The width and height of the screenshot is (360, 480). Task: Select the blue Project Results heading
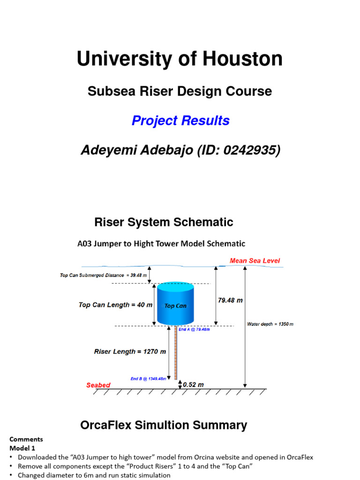coord(180,120)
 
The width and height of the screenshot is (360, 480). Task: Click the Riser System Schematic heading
coord(164,222)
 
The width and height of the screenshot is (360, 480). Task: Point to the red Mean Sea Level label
coord(255,261)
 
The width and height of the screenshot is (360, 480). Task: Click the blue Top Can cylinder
coord(175,304)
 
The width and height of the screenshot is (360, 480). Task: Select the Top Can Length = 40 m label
coord(115,305)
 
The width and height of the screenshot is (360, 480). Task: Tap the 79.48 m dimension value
coord(230,300)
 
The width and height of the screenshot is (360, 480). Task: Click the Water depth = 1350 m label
coord(270,324)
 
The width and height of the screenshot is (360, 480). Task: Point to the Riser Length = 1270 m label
coord(130,351)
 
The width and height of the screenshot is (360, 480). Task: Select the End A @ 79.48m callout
coord(194,330)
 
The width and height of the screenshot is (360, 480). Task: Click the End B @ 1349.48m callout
coord(148,379)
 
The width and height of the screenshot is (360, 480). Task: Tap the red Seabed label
coord(98,385)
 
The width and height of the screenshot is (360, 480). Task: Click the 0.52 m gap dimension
coord(193,384)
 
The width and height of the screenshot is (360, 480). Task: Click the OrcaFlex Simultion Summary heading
coord(164,425)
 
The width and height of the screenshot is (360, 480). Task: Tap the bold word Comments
coord(26,439)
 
